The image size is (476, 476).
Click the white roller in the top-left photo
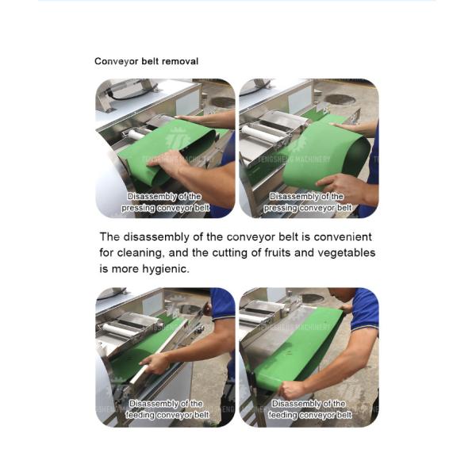pyautogui.click(x=139, y=134)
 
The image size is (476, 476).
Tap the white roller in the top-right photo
pyautogui.click(x=258, y=132)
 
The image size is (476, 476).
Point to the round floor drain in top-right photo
pyautogui.click(x=340, y=100)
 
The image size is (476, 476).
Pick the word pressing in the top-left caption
pyautogui.click(x=138, y=208)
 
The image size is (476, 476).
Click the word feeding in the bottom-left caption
pyautogui.click(x=140, y=415)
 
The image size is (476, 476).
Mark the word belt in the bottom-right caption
pyautogui.click(x=344, y=415)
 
